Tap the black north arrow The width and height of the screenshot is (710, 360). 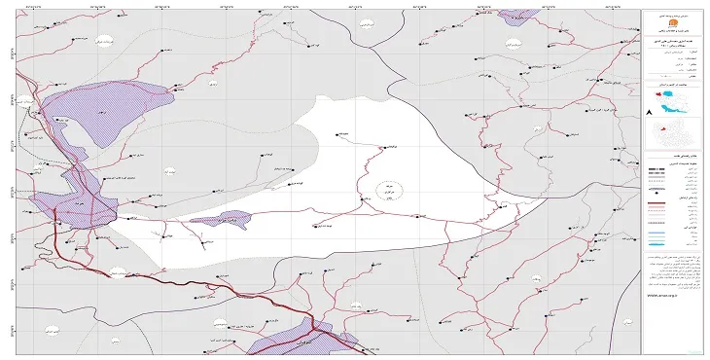(648, 114)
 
